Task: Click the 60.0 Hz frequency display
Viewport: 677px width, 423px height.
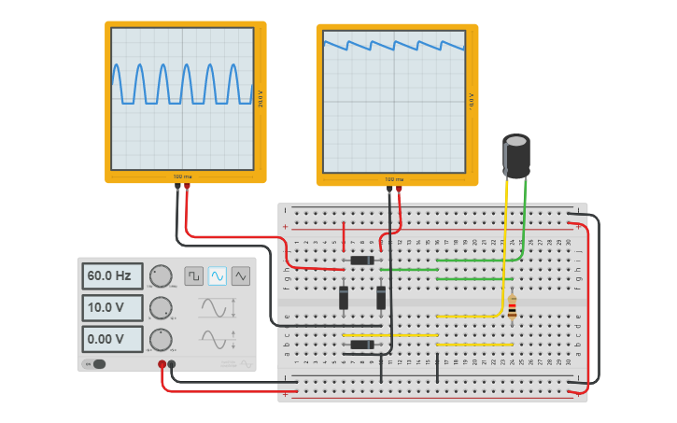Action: pos(111,276)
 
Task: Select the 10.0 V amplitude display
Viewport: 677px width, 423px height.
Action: pos(111,308)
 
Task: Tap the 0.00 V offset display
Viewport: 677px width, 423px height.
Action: pos(111,339)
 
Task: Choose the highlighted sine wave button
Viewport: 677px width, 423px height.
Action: pos(217,275)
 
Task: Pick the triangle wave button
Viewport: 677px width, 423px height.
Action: pos(241,275)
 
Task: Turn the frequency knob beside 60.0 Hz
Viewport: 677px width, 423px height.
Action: pos(161,276)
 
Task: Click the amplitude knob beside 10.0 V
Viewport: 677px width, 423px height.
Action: pos(161,308)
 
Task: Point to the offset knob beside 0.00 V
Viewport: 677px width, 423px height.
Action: pos(161,339)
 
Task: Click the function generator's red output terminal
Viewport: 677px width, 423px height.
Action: pos(162,364)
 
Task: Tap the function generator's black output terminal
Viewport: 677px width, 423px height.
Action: pos(172,364)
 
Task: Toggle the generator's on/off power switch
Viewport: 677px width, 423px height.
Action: pos(95,364)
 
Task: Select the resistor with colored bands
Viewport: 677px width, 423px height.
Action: pos(512,306)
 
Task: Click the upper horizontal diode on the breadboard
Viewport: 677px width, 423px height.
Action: pos(362,261)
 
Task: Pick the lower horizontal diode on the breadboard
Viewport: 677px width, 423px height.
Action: pos(362,345)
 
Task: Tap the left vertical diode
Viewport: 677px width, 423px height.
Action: pos(344,298)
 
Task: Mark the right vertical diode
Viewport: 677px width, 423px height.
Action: pos(381,298)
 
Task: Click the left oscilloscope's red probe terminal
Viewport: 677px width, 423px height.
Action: pos(187,187)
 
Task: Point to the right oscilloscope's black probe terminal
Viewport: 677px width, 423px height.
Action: pos(389,189)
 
